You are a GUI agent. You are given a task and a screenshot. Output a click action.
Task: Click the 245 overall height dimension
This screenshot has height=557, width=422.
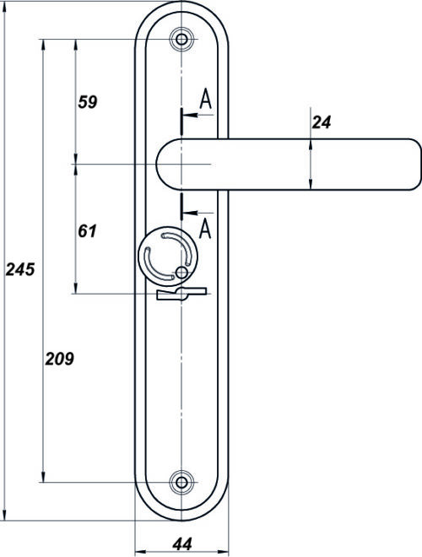coord(20,269)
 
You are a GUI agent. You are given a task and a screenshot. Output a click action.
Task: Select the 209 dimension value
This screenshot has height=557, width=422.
coord(59,359)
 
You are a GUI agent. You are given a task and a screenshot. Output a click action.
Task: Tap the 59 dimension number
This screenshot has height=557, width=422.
coord(88,102)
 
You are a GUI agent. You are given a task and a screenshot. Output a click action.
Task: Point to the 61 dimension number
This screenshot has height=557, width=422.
coord(87,231)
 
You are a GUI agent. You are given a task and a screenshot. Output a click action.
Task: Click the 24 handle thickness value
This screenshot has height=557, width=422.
coord(322,122)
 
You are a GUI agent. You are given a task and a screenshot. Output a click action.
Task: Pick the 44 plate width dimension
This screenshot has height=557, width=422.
coord(182,543)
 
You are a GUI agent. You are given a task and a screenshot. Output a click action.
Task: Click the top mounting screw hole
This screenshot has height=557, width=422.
coord(181,39)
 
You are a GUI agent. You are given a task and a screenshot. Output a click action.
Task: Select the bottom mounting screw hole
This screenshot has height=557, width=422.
coord(181,483)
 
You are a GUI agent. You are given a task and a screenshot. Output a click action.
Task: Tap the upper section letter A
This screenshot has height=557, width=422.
coord(206,99)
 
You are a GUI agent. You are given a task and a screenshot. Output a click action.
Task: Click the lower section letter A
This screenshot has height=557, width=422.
coord(205,229)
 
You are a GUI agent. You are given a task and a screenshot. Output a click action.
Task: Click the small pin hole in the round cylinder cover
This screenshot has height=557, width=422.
coord(181,273)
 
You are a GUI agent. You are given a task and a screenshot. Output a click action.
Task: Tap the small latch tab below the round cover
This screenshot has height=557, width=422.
coord(181,294)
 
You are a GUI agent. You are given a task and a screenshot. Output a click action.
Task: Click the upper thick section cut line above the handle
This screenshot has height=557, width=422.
coord(181,122)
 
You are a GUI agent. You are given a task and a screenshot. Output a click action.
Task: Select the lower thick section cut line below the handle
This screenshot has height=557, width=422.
coord(181,207)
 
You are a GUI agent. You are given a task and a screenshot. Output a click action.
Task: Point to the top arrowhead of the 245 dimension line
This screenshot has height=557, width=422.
coord(4,9)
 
